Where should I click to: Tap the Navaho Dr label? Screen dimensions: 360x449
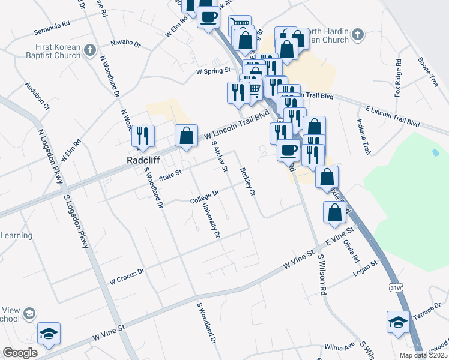[125, 44]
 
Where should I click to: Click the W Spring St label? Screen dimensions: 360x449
[214, 71]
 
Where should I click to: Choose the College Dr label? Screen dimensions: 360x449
[205, 197]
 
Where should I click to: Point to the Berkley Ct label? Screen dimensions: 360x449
[247, 182]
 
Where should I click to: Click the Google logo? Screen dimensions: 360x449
[20, 353]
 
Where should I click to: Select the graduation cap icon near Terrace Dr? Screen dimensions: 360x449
[398, 322]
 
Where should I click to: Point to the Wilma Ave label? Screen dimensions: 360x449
[337, 347]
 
